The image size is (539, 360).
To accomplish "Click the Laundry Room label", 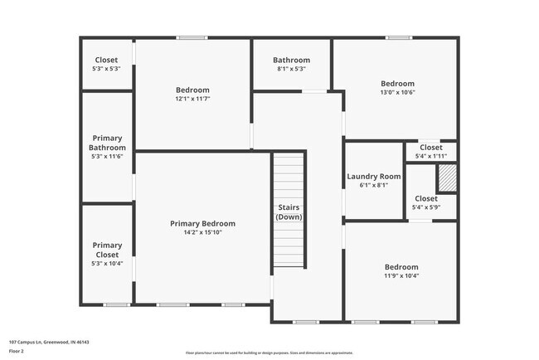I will [373, 176].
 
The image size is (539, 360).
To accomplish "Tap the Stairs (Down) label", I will [289, 212].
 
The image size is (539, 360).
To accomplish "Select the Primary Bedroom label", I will [202, 223].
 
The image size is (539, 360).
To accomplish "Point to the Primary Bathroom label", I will [107, 143].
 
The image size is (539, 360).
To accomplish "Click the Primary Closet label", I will [107, 250].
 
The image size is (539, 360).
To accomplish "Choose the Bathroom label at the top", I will [292, 60].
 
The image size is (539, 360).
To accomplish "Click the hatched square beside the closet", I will [447, 178].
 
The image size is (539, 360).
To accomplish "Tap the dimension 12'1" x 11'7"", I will [192, 100].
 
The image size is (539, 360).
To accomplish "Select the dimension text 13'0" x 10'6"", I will [397, 93].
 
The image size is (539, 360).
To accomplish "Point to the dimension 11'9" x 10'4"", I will [401, 276].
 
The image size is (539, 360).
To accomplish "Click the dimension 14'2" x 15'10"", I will [202, 233].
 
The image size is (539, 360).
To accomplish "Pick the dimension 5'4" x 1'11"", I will [430, 156].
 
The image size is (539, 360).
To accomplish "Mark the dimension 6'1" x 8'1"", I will [373, 186].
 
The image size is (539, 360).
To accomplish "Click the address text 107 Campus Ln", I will [49, 342].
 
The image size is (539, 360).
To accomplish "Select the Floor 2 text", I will [17, 351].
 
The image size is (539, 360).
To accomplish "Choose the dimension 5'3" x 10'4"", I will [107, 264].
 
